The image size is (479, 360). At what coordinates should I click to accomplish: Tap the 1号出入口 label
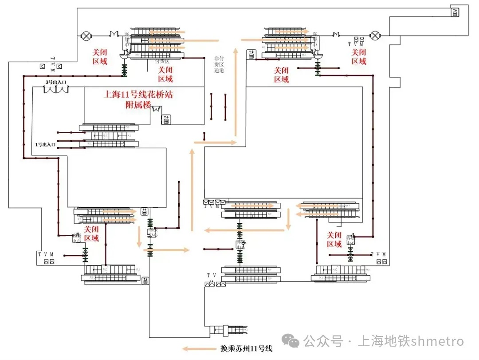(x=46, y=144)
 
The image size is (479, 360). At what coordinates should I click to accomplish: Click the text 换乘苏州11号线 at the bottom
(x=246, y=348)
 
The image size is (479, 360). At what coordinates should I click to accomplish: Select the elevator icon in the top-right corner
(x=455, y=12)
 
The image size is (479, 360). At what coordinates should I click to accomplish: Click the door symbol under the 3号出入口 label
(x=56, y=90)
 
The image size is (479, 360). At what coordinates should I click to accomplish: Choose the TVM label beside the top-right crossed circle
(x=356, y=44)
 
